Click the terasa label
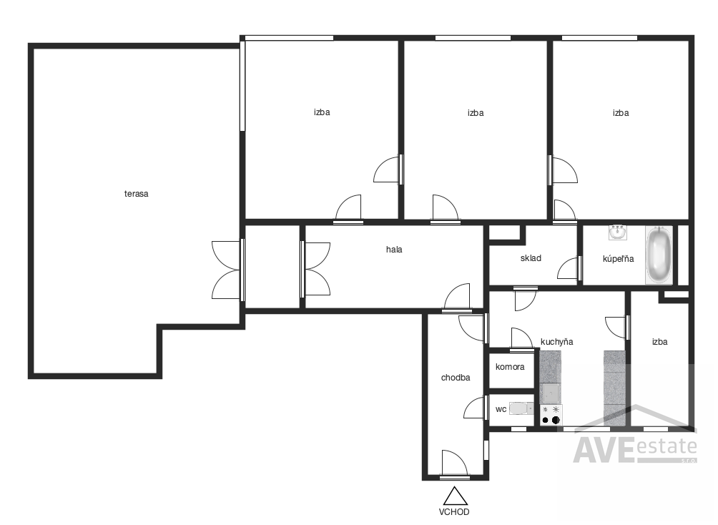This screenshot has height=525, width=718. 136,194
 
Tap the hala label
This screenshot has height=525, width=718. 394,250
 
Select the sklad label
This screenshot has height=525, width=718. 531,258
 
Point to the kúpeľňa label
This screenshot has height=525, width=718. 618,259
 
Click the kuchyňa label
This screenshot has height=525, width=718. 557,342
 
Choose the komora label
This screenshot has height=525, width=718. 510,367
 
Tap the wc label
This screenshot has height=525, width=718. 501,409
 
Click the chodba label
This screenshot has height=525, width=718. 455,378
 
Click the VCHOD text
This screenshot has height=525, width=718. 454,511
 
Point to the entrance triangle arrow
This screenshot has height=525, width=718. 455,496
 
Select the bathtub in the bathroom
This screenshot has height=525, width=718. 659,255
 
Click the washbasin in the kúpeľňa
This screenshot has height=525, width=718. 618,232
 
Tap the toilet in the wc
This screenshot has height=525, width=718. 521,408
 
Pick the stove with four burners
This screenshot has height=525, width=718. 551,415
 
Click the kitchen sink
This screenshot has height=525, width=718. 551,393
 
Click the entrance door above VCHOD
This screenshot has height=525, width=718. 454,464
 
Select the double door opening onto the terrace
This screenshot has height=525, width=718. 227,270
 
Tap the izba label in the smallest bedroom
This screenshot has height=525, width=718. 659,342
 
